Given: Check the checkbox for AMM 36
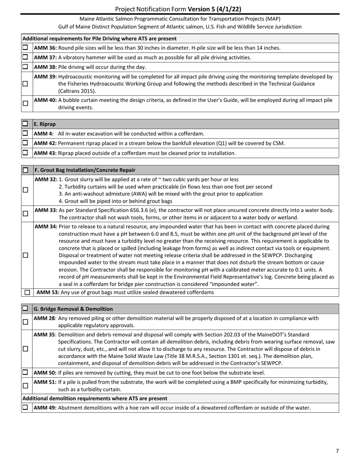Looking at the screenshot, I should [x=25, y=48].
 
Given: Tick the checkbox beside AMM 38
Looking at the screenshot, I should [x=25, y=67].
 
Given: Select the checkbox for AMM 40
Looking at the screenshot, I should [x=25, y=103].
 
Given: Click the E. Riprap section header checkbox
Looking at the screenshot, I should [x=25, y=124].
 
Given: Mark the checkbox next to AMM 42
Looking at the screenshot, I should [x=25, y=143].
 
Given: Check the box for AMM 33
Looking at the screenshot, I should [x=25, y=214].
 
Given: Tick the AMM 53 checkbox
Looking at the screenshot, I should [x=27, y=292].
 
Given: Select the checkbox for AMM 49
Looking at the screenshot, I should [x=25, y=407].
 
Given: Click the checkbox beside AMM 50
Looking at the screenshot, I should [x=25, y=372].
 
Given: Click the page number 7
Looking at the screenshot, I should [x=337, y=451].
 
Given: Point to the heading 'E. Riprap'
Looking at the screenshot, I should [x=45, y=124].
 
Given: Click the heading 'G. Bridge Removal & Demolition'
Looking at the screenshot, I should [x=73, y=309].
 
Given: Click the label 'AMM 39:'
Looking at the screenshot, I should [x=45, y=77].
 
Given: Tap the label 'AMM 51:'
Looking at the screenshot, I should [x=45, y=382].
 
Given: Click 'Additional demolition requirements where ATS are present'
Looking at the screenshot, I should [x=95, y=399].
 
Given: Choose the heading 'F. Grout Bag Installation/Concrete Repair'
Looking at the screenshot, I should [x=85, y=170].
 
